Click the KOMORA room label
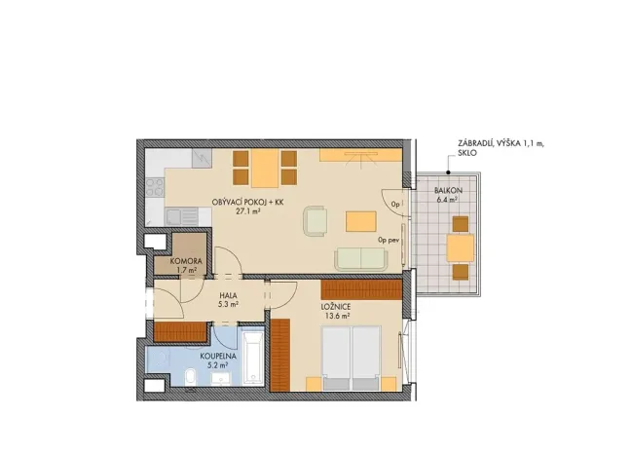(185, 260)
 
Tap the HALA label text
(228, 295)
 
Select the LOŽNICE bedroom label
(336, 307)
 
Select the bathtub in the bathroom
(250, 360)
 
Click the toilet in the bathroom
(187, 380)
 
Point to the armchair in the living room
(315, 220)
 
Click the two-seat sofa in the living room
(360, 259)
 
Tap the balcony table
(460, 248)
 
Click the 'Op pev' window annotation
(390, 237)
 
